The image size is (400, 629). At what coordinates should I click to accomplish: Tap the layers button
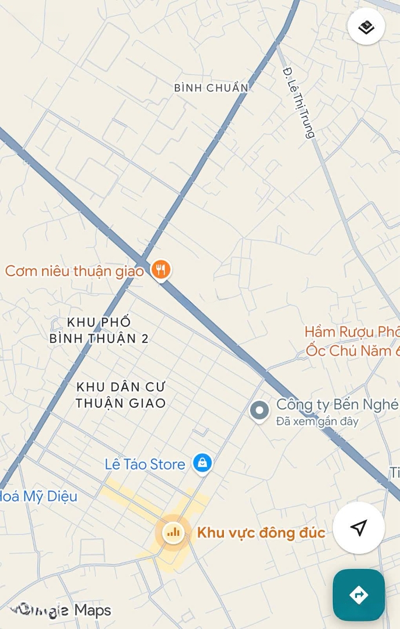click(x=366, y=27)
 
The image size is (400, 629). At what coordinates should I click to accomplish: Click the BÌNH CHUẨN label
click(x=211, y=88)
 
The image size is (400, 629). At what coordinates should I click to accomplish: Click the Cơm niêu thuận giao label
click(x=74, y=271)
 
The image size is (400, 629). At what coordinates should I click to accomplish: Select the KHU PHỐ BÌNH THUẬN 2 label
click(x=99, y=330)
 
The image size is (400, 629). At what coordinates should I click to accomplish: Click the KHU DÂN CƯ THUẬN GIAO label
click(x=121, y=395)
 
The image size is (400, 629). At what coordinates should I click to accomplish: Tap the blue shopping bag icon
click(x=202, y=464)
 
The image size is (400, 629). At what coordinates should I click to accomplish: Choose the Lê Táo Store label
click(x=145, y=464)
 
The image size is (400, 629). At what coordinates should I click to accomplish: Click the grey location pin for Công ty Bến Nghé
click(x=259, y=411)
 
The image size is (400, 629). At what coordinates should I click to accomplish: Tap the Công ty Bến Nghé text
click(x=337, y=404)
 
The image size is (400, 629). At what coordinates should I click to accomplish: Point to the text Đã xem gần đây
click(x=317, y=421)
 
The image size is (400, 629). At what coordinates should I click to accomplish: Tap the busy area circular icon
click(x=173, y=532)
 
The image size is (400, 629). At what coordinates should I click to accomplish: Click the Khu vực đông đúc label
click(x=261, y=532)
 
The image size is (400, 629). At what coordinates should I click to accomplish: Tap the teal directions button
click(x=359, y=595)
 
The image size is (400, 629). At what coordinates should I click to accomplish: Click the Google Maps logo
click(x=64, y=610)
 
